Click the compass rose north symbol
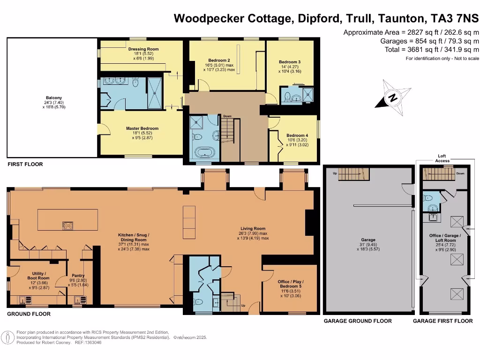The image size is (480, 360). coord(393,98)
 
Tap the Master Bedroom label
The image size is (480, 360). coord(142,128)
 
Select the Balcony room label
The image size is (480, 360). coord(51,97)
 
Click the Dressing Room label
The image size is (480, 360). coord(143,49)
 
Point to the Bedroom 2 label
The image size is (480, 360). coord(218,60)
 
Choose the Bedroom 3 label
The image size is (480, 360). coord(289,62)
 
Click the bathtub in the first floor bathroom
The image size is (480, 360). coord(204,153)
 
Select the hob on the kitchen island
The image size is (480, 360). coord(68,225)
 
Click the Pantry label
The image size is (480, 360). coord(77,276)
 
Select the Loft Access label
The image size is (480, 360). coord(442,158)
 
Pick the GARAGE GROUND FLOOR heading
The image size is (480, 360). coord(358,321)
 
